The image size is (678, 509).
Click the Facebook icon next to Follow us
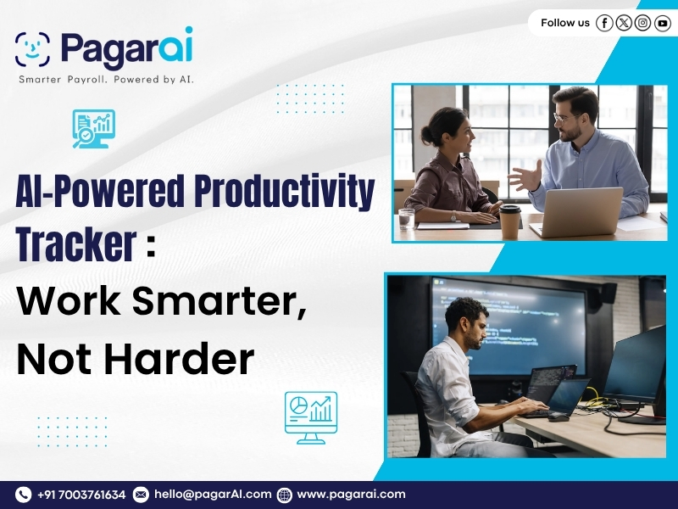pyautogui.click(x=604, y=23)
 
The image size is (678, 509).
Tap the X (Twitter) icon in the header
pyautogui.click(x=624, y=23)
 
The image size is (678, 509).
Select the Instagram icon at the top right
pyautogui.click(x=643, y=23)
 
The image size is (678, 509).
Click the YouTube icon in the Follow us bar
pyautogui.click(x=663, y=23)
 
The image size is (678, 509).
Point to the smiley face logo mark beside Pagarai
pyautogui.click(x=32, y=49)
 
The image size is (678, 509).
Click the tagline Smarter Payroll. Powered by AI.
pyautogui.click(x=107, y=79)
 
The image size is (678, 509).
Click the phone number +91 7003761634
pyautogui.click(x=81, y=495)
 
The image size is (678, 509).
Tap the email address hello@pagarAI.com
pyautogui.click(x=213, y=495)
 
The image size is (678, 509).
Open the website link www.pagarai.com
pyautogui.click(x=351, y=495)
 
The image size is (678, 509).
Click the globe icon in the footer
pyautogui.click(x=285, y=495)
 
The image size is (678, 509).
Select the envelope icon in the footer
pyautogui.click(x=141, y=495)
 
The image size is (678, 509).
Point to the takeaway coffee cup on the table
pyautogui.click(x=509, y=222)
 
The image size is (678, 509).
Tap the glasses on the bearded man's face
pyautogui.click(x=566, y=117)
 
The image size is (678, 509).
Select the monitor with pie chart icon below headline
pyautogui.click(x=310, y=417)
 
